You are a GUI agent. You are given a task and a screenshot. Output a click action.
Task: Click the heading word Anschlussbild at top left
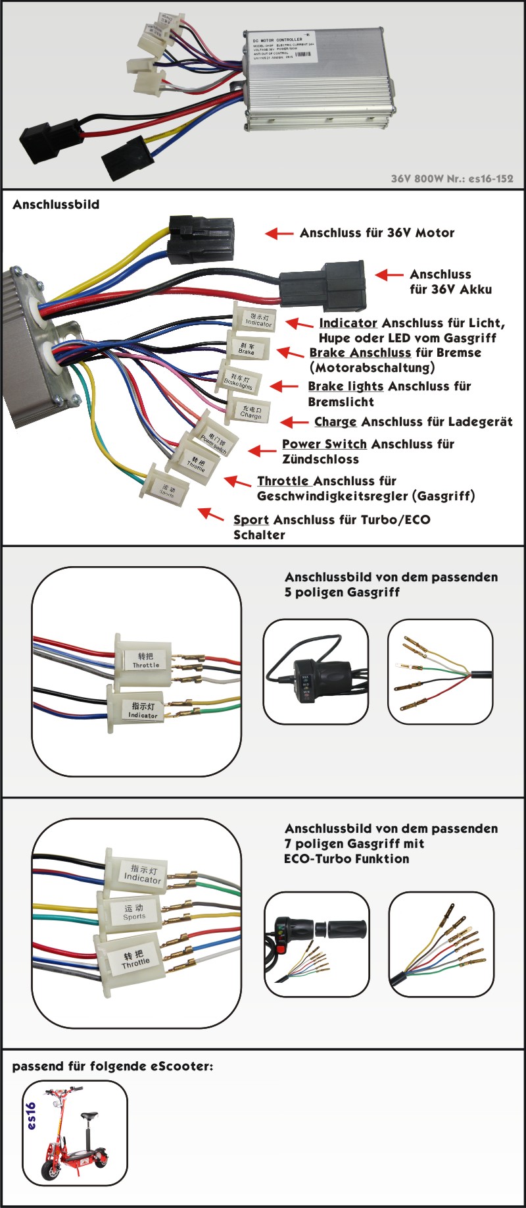pos(56,205)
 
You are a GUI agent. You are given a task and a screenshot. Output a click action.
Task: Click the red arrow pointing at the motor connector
pos(279,233)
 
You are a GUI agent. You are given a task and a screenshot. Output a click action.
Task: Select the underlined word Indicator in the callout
pos(348,323)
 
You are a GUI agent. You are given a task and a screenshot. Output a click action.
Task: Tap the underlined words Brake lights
pos(345,386)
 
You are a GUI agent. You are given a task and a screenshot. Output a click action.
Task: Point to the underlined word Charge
pos(335,422)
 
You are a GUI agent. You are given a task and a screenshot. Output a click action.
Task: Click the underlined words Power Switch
pos(324,444)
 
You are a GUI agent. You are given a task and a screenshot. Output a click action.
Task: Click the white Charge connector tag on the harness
pos(251,412)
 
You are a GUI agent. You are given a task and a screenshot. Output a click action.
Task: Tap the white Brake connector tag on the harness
pos(247,348)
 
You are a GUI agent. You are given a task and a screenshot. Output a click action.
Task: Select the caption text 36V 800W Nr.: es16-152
pos(452,178)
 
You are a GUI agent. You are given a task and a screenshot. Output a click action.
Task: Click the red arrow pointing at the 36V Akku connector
pos(389,275)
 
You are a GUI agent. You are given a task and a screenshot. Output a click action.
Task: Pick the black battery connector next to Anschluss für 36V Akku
pos(323,286)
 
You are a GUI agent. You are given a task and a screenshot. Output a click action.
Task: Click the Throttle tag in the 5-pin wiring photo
pos(145,660)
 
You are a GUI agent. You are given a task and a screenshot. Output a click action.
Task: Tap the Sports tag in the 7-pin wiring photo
pos(133,912)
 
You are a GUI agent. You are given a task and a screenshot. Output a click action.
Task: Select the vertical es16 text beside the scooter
pos(31,1116)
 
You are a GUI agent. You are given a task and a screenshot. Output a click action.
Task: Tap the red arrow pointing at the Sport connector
pos(211,513)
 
